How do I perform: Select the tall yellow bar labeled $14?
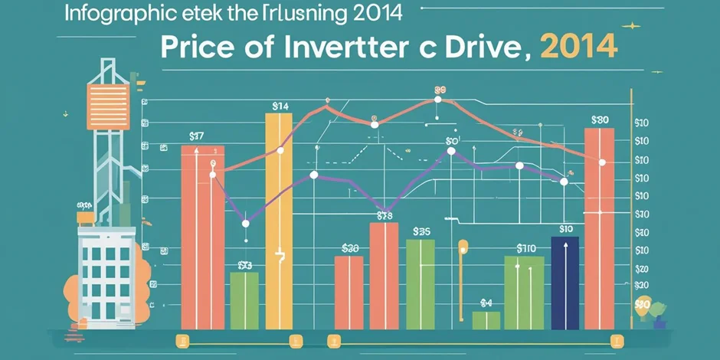click(x=280, y=222)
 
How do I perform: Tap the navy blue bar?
click(x=565, y=283)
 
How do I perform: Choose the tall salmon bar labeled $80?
click(x=599, y=230)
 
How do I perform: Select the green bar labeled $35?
click(x=421, y=283)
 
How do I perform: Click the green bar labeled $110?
click(x=524, y=292)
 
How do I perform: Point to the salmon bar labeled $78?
click(x=384, y=276)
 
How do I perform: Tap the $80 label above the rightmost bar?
click(x=600, y=119)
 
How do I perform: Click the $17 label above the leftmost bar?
click(x=196, y=136)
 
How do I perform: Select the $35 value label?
click(x=421, y=231)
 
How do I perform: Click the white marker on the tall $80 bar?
click(x=602, y=162)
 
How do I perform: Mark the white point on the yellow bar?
click(x=280, y=150)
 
